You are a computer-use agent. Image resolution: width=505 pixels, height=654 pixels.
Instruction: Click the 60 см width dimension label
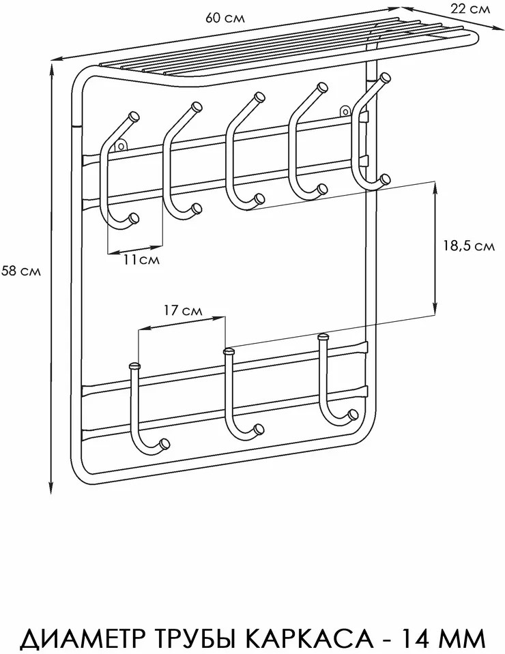[x=225, y=18]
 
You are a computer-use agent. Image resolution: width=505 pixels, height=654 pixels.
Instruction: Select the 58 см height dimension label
[x=21, y=271]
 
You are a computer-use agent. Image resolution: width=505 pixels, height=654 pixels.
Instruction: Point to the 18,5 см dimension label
[x=469, y=246]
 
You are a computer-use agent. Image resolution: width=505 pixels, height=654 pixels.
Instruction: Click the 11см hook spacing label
[x=141, y=259]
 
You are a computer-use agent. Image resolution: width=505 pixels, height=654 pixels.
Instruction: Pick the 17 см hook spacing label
[x=182, y=310]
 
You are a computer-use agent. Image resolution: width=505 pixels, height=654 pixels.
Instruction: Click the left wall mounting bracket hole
[x=121, y=145]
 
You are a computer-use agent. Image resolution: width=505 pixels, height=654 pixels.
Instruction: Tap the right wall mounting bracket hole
[x=345, y=111]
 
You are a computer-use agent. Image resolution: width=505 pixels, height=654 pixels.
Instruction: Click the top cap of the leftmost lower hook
[x=135, y=366]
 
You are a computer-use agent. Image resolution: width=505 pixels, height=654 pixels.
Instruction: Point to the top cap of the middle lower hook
[x=229, y=352]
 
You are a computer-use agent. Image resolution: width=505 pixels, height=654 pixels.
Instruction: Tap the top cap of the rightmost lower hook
[x=324, y=336]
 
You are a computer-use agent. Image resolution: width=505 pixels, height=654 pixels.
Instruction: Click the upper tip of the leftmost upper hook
[x=134, y=117]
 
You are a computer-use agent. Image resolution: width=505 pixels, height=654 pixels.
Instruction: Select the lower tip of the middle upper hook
[x=259, y=198]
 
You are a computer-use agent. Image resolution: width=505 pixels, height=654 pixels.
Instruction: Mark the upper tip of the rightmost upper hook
[x=385, y=77]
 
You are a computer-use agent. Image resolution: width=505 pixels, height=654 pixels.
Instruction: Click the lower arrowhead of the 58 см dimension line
[x=51, y=488]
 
